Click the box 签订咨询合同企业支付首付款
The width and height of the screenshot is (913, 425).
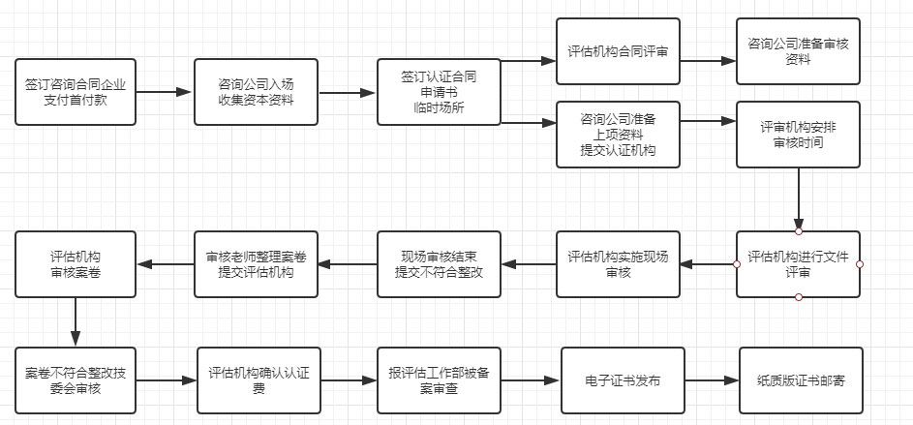75,91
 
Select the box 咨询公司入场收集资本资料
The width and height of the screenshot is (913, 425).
256,91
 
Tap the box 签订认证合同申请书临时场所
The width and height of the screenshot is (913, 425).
438,91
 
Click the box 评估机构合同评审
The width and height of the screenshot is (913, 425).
618,50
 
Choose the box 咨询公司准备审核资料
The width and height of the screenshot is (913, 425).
798,50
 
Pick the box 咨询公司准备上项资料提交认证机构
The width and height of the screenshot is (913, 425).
618,134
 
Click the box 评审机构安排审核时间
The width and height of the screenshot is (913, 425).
798,134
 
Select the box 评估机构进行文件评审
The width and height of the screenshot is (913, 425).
798,263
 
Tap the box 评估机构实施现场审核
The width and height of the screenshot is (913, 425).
618,263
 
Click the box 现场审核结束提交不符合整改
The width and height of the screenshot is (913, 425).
439,263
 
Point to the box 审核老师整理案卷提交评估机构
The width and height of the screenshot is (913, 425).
257,263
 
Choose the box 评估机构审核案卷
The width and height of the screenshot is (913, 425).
75,263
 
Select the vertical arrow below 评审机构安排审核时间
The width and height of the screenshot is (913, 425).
798,197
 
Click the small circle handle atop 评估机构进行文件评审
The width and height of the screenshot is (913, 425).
798,232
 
